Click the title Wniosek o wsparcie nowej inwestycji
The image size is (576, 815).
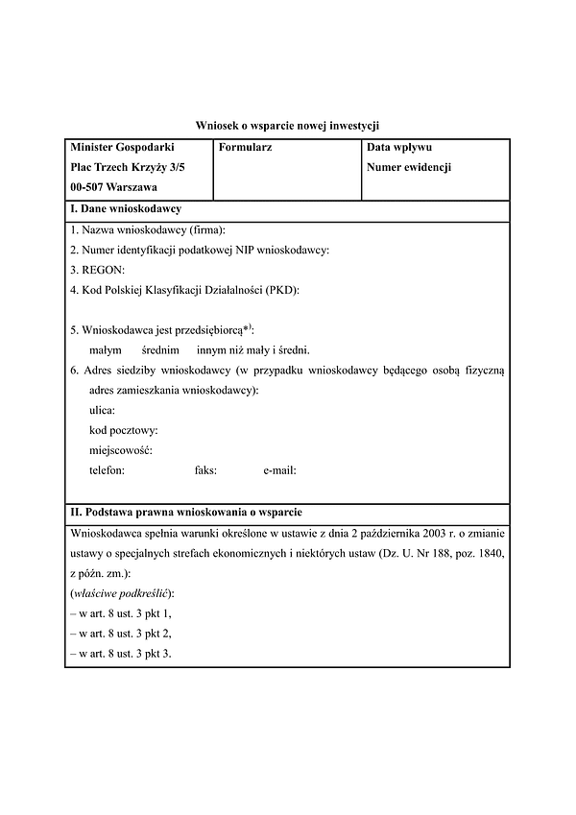click(x=288, y=125)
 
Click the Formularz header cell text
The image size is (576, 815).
click(x=246, y=148)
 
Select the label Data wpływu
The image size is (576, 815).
click(x=399, y=148)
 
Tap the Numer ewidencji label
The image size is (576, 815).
click(x=409, y=167)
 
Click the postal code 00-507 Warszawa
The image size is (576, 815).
click(x=114, y=187)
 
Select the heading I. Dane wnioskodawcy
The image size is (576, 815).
click(x=126, y=209)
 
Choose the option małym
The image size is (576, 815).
click(x=106, y=350)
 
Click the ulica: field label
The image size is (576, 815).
click(x=102, y=410)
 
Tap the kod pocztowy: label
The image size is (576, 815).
click(x=124, y=430)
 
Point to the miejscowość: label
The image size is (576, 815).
click(x=121, y=450)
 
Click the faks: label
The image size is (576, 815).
click(x=205, y=470)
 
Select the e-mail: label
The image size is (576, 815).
click(x=279, y=470)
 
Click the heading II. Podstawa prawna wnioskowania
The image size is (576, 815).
click(x=187, y=512)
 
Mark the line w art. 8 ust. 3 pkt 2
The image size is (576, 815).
click(x=122, y=634)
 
